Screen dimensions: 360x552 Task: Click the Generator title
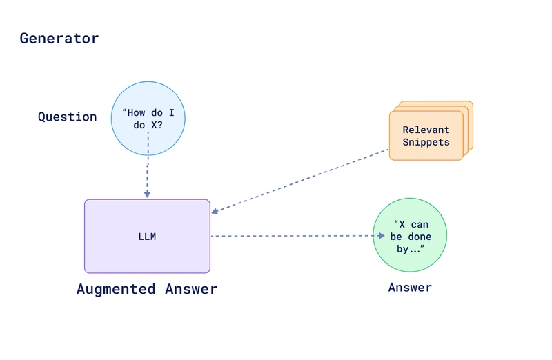[x=59, y=39]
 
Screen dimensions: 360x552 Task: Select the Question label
[x=68, y=117]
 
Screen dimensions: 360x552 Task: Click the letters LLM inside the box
[x=147, y=237]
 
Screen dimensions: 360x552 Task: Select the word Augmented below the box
[x=116, y=289]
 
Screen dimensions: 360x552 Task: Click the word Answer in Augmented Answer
[x=191, y=289]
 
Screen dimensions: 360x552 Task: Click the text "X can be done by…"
[x=410, y=237]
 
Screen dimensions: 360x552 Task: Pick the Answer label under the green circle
[x=410, y=288]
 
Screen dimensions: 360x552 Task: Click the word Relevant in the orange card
[x=426, y=130]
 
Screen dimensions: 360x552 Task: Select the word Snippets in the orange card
[x=426, y=142]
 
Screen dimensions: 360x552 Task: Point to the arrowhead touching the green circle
[x=379, y=236]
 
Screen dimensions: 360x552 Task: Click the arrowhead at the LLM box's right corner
[x=215, y=211]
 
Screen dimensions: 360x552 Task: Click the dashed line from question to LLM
[x=148, y=166]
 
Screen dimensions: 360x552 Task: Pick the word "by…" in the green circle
[x=410, y=249]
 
